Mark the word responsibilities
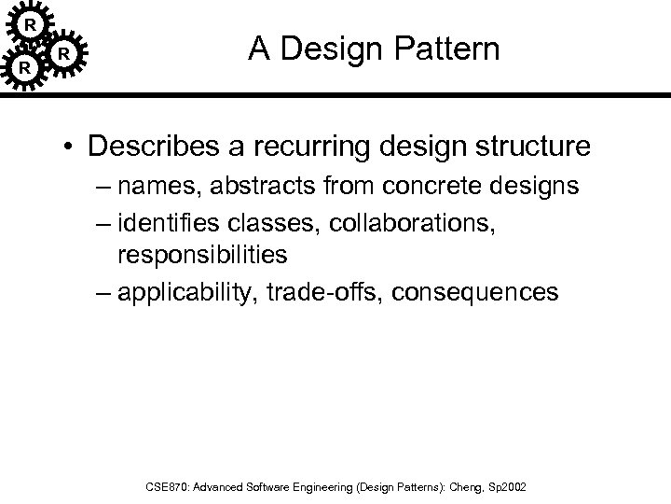pyautogui.click(x=202, y=254)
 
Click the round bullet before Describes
pyautogui.click(x=69, y=147)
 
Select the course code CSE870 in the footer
pyautogui.click(x=167, y=487)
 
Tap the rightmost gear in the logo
pyautogui.click(x=62, y=55)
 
